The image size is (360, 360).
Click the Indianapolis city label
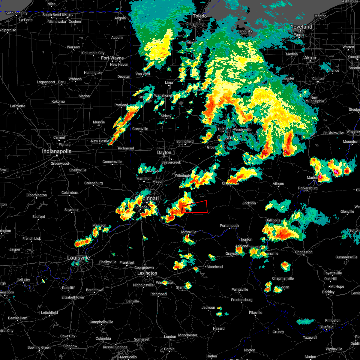click(x=57, y=151)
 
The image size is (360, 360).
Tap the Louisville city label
click(x=78, y=258)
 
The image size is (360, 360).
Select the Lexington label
click(x=147, y=273)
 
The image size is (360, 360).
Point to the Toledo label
click(x=200, y=16)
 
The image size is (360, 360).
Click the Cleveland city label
click(x=301, y=27)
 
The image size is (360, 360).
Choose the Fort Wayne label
click(x=112, y=58)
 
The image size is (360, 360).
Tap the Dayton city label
click(x=164, y=152)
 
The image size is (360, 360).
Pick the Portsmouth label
click(x=229, y=226)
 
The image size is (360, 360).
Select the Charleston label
click(x=304, y=252)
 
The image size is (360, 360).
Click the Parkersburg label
click(x=308, y=188)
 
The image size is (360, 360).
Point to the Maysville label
click(x=189, y=232)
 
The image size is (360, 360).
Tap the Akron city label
click(x=310, y=58)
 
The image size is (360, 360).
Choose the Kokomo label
click(x=58, y=101)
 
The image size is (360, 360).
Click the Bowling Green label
click(x=39, y=347)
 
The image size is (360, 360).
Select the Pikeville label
click(x=256, y=313)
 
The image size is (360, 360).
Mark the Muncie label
click(x=99, y=122)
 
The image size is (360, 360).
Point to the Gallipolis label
click(x=273, y=220)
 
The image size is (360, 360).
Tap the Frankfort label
click(x=127, y=262)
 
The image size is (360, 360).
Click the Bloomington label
click(x=37, y=195)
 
